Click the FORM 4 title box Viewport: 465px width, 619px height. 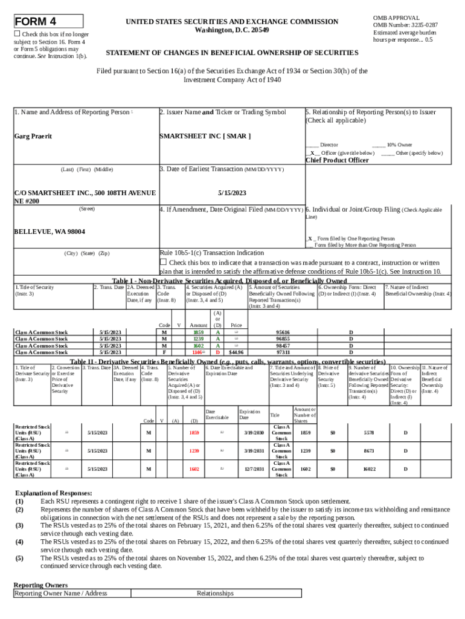point(48,22)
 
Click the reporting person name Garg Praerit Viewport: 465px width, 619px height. point(33,137)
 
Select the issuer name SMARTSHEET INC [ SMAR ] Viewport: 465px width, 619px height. point(205,137)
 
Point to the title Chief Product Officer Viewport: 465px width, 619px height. point(336,161)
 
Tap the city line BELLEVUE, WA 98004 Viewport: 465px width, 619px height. point(50,232)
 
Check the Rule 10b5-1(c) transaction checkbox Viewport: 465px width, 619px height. point(162,262)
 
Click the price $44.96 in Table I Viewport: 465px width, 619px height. point(236,352)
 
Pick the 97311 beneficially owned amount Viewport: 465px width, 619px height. point(283,352)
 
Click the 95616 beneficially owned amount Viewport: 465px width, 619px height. point(283,332)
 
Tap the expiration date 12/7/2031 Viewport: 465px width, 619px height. point(254,469)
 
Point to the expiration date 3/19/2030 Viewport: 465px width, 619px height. point(254,433)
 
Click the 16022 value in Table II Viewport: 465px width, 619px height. point(369,469)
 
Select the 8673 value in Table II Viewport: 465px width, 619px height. point(369,451)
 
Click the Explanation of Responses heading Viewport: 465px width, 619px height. point(53,493)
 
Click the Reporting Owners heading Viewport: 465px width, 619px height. point(40,585)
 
